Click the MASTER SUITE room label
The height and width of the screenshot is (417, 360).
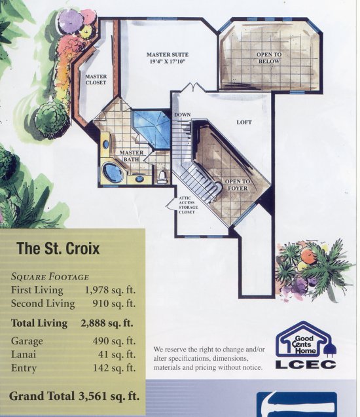tap(168, 58)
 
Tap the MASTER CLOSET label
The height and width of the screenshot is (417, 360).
tap(96, 79)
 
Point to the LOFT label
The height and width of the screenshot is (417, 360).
tap(244, 122)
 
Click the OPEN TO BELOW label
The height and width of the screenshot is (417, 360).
tap(269, 58)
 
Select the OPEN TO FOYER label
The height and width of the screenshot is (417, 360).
tap(238, 185)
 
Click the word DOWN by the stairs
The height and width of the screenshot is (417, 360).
tap(183, 115)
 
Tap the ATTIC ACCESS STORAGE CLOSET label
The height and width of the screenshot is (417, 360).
tap(189, 205)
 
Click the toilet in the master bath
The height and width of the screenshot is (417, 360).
tap(162, 177)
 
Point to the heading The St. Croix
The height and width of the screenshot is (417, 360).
tap(58, 248)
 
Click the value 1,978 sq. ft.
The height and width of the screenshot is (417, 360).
tap(110, 290)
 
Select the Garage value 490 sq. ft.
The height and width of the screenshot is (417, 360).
tap(114, 340)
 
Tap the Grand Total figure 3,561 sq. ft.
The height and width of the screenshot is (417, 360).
tap(109, 396)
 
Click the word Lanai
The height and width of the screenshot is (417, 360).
tap(24, 355)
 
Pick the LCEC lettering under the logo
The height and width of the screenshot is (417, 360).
tap(306, 365)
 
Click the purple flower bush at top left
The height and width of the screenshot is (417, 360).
tap(71, 20)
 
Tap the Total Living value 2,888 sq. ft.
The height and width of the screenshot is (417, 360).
tap(107, 323)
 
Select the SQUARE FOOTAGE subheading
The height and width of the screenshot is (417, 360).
tap(50, 277)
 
